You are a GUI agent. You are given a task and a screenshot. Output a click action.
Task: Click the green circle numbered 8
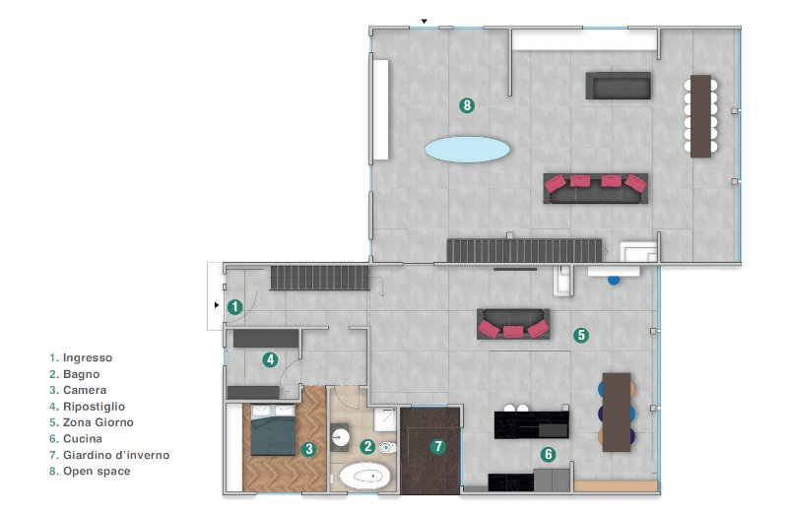coord(467,105)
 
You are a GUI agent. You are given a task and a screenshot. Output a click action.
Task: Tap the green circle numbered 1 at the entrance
coord(234,306)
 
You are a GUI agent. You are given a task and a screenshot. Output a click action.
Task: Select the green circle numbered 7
coord(438,446)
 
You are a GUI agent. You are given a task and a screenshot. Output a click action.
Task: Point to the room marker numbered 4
coord(270,359)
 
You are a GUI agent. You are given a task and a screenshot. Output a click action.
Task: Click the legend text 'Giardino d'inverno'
coord(116,455)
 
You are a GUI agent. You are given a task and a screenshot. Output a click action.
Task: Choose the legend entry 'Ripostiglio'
coord(94,407)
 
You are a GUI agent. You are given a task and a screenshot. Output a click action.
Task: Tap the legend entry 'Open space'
coord(97,472)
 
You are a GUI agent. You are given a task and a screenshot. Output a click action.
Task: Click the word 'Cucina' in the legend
coord(83,438)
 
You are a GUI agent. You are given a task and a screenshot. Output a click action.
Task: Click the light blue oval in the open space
coord(467,150)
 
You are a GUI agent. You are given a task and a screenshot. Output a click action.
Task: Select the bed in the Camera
coord(273,429)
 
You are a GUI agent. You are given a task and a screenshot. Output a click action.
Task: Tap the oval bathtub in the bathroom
coord(364,476)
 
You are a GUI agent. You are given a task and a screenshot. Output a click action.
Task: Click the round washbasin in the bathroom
coord(341,436)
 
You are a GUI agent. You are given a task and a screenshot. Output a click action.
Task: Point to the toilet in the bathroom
coord(387,447)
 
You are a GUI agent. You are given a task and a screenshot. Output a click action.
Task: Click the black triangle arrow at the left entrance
coord(217,305)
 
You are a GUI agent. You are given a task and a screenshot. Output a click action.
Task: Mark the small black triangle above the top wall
coord(425,21)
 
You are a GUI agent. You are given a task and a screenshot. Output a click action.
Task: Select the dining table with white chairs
coord(700,116)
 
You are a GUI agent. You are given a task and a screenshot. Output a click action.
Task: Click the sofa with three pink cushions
coord(513,324)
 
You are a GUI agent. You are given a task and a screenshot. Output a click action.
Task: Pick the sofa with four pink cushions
coord(596,188)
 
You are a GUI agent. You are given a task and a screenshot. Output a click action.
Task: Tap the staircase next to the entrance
coord(319,278)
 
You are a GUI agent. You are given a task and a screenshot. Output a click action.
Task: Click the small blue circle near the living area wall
coord(614,280)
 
